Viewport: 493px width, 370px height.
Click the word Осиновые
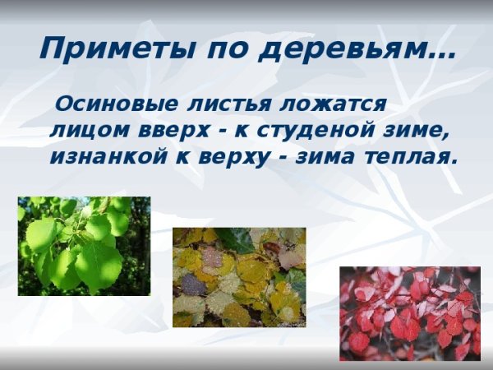click(x=111, y=104)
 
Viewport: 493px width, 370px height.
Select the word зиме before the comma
click(x=417, y=130)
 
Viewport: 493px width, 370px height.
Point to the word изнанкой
click(x=101, y=156)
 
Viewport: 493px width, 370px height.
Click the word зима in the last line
click(x=323, y=156)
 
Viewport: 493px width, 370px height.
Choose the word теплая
click(x=409, y=156)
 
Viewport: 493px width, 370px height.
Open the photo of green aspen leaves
click(x=84, y=245)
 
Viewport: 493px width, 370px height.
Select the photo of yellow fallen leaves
click(x=238, y=277)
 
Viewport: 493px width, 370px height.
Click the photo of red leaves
click(x=409, y=313)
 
